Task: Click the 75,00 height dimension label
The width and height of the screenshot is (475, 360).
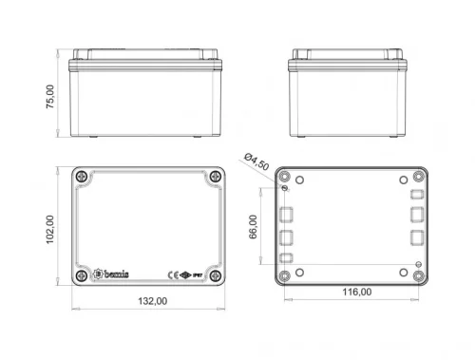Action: pos(51,95)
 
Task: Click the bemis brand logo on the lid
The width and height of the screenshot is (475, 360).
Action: pos(113,274)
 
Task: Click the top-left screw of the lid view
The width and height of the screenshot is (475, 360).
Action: pos(83,179)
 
